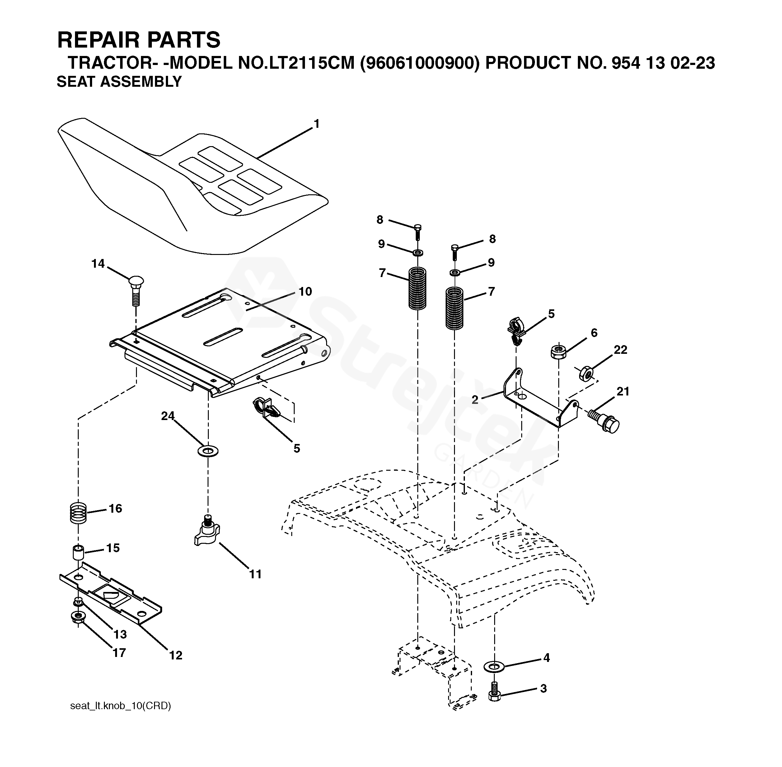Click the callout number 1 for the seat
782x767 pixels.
(x=316, y=124)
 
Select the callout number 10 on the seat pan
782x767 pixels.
(x=305, y=291)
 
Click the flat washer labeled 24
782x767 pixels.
(x=208, y=450)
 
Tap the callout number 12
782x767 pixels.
(x=176, y=655)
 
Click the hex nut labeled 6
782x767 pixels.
(x=558, y=351)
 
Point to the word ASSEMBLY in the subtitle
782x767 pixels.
(x=141, y=82)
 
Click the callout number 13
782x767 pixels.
(x=120, y=635)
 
